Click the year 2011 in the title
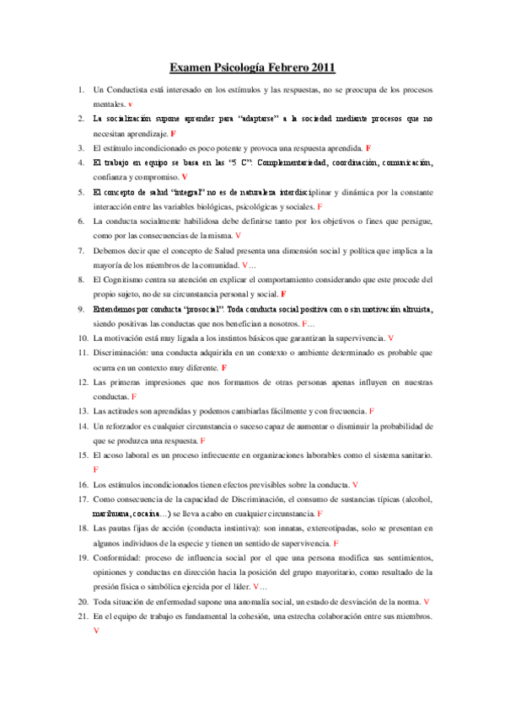pyautogui.click(x=320, y=67)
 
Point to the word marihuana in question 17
pyautogui.click(x=112, y=513)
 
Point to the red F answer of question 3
pyautogui.click(x=368, y=148)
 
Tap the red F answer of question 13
pyautogui.click(x=372, y=412)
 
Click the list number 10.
pyautogui.click(x=82, y=338)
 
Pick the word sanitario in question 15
pyautogui.click(x=409, y=456)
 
